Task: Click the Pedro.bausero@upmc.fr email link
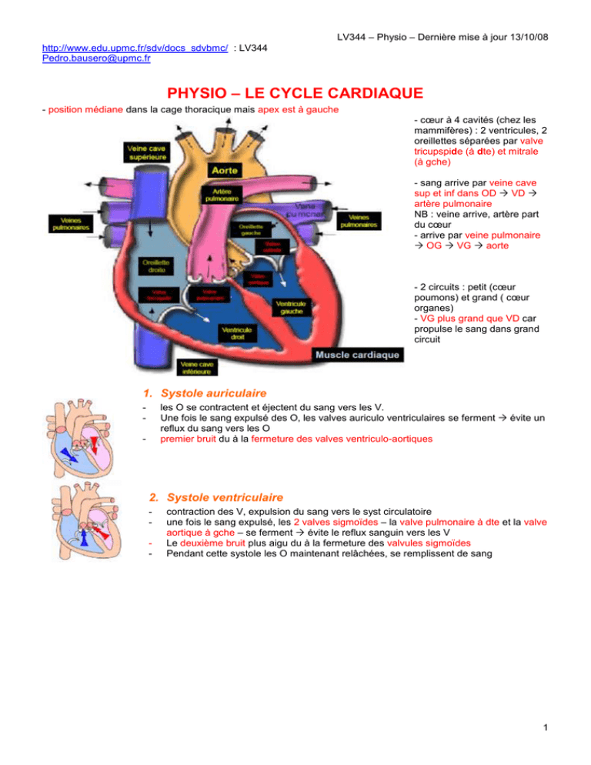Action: coord(96,58)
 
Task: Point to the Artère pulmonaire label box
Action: coord(219,195)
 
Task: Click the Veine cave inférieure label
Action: coord(199,368)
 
